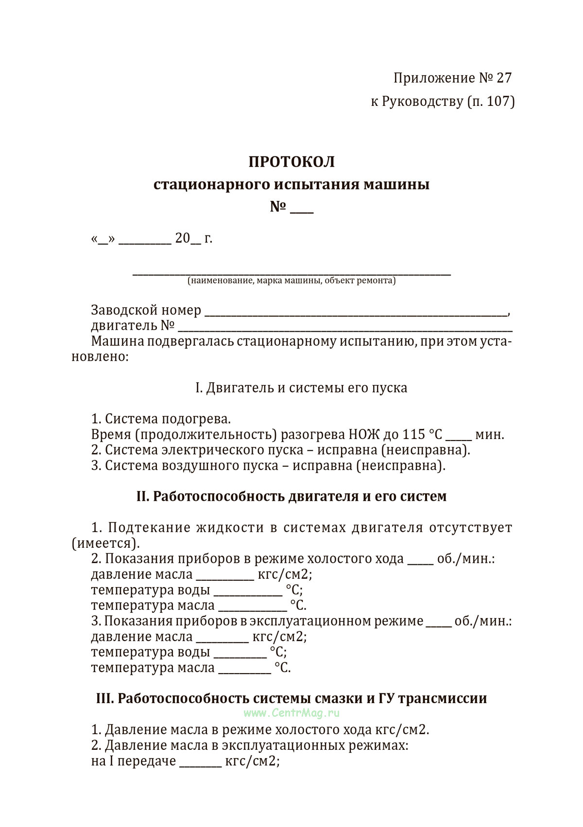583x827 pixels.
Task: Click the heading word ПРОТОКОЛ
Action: pyautogui.click(x=291, y=162)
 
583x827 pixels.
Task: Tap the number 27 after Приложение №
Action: pyautogui.click(x=504, y=78)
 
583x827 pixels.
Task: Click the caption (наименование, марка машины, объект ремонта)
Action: pyautogui.click(x=291, y=281)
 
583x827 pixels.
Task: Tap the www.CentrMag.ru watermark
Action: pyautogui.click(x=291, y=713)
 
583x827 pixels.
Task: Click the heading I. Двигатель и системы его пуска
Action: pyautogui.click(x=301, y=388)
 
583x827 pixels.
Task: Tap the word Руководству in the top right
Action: pyautogui.click(x=423, y=101)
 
